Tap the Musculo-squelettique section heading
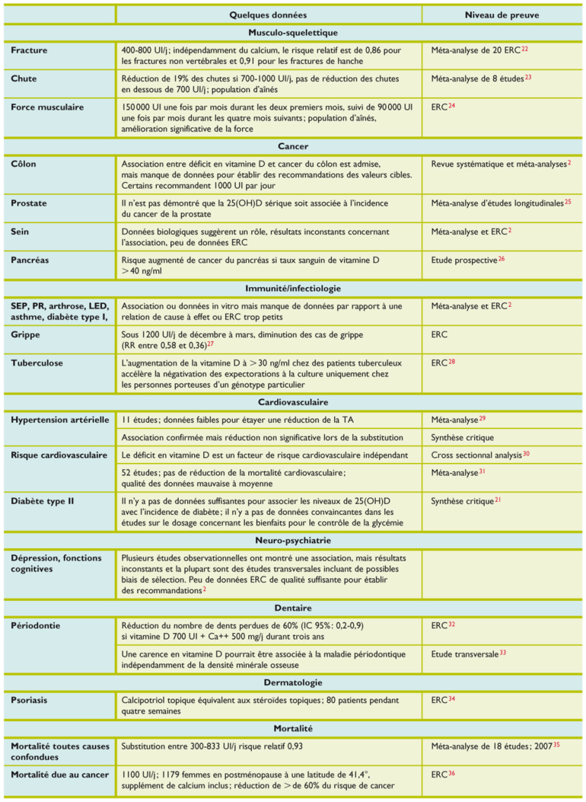point(293,33)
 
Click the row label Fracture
point(30,50)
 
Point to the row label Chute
point(24,78)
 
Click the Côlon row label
point(24,164)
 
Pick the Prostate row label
point(30,203)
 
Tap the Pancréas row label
point(31,260)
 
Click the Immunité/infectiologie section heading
point(293,289)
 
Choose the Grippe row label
point(27,334)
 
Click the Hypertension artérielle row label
point(60,420)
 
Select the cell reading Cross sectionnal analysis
point(476,455)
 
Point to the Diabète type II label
point(43,501)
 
